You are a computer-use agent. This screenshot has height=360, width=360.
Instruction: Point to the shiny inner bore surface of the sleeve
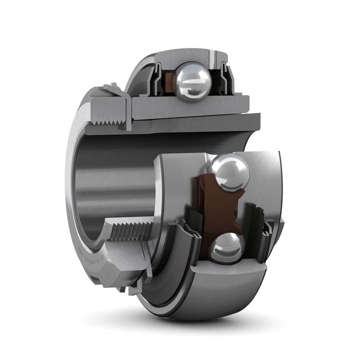coord(112,180)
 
